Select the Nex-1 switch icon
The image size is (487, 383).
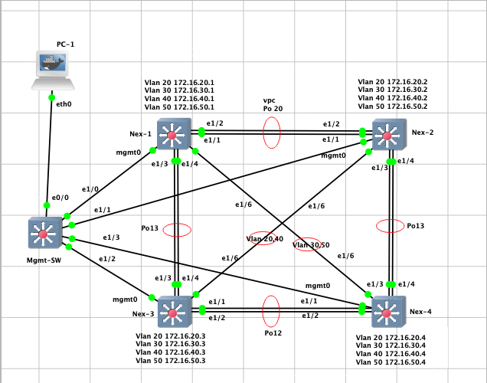(x=172, y=136)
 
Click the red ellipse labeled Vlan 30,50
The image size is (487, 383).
(x=309, y=244)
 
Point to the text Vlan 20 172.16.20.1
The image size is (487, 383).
(x=178, y=81)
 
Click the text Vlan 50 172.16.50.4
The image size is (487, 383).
(x=391, y=362)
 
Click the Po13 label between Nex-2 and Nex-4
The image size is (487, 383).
(x=415, y=226)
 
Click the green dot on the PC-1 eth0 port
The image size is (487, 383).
(x=52, y=97)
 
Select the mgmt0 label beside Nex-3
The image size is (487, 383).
(x=124, y=300)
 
